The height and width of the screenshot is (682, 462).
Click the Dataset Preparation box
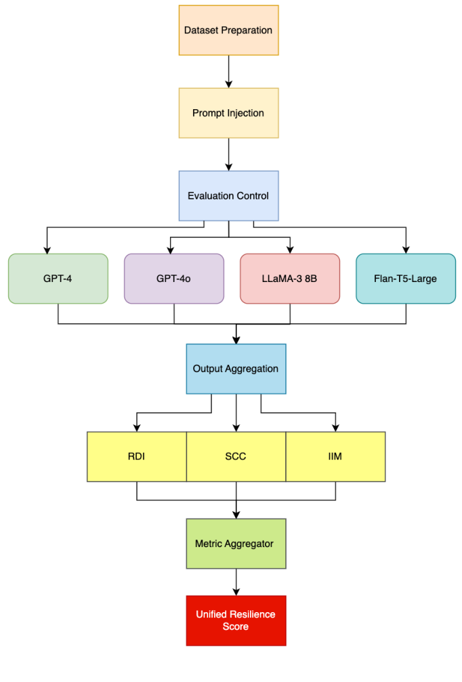[228, 31]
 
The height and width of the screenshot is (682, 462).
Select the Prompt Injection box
[228, 113]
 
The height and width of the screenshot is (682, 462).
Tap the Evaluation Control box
[228, 196]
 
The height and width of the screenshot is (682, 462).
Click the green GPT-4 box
[58, 279]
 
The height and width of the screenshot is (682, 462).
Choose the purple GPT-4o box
[174, 279]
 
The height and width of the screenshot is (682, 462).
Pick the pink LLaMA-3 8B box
[290, 279]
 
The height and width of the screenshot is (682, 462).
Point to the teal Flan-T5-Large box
[406, 279]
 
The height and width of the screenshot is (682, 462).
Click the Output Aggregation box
[236, 369]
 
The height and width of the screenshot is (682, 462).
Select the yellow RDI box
[137, 457]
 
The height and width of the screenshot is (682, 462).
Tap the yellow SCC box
[236, 457]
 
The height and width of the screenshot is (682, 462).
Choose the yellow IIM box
[335, 457]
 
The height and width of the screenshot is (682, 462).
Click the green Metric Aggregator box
[236, 544]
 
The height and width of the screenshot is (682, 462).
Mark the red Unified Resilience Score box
[236, 620]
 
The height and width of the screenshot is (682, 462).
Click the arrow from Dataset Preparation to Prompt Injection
[228, 71]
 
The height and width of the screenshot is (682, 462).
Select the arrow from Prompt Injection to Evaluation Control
[228, 154]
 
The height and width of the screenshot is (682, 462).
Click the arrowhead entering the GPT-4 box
[47, 249]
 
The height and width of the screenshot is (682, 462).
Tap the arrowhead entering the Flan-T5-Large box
[406, 249]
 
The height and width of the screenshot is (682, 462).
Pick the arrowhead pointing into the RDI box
[137, 428]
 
